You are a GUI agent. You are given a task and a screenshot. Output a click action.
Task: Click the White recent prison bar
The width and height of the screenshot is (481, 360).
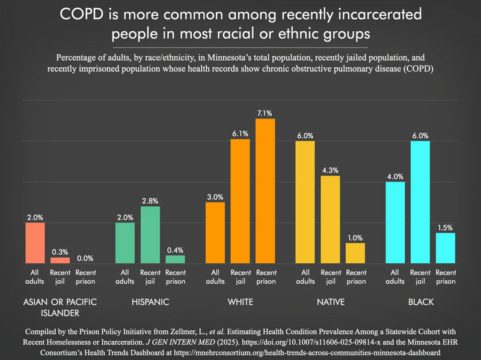(265, 191)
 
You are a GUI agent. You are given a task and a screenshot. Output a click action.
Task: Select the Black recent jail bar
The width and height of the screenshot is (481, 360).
(420, 202)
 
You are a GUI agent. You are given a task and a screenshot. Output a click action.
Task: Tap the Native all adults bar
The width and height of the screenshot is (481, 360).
(305, 202)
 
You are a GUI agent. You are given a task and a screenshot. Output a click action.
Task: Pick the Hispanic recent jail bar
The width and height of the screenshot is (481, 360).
(150, 234)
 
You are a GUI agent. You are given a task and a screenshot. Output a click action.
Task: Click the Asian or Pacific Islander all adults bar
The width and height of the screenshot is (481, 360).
(35, 243)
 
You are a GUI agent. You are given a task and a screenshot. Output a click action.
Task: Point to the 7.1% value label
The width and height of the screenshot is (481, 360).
(265, 112)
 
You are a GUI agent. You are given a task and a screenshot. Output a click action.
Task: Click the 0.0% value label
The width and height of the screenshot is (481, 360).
(85, 258)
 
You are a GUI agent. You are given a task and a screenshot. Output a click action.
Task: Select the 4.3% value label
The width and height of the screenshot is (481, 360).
(330, 169)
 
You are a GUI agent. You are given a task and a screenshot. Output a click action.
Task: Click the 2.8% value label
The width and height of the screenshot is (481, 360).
(150, 200)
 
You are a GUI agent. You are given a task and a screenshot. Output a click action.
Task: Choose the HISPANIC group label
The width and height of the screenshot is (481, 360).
(150, 302)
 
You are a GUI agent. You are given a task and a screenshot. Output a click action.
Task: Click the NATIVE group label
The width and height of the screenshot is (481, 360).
(330, 302)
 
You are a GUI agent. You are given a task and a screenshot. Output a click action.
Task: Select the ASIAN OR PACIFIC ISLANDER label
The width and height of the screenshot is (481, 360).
(60, 307)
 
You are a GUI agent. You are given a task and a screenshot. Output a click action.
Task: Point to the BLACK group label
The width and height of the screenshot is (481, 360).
(420, 302)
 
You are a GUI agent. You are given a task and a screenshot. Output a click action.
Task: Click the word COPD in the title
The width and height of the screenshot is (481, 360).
(87, 13)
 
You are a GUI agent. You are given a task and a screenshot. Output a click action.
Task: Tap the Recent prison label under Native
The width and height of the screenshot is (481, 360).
(355, 276)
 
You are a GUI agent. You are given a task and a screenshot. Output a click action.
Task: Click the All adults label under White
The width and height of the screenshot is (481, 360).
(215, 276)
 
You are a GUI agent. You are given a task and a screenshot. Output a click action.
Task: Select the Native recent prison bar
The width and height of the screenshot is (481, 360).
(355, 252)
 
